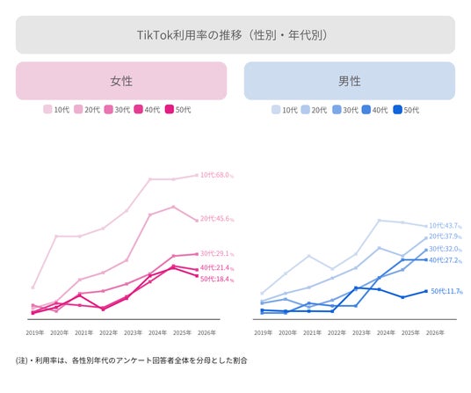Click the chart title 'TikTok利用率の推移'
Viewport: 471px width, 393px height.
pos(189,35)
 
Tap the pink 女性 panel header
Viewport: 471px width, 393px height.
pos(121,81)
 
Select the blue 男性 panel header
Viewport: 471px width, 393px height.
pos(350,81)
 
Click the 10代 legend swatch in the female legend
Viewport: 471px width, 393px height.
pos(47,109)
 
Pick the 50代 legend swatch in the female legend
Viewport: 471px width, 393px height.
pos(170,109)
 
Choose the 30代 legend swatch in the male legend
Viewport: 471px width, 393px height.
pos(337,110)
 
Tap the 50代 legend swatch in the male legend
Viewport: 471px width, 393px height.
pos(397,110)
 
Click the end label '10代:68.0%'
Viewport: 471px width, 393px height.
pos(217,175)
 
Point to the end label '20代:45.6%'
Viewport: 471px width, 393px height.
pos(217,218)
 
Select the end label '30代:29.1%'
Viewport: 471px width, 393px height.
pos(217,253)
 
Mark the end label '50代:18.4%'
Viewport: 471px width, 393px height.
pos(217,279)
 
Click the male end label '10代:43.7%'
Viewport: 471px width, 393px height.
pos(446,226)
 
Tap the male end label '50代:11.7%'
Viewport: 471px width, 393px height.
pos(446,291)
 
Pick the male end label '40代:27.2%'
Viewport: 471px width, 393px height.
pos(446,260)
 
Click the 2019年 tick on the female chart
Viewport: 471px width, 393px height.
pos(35,332)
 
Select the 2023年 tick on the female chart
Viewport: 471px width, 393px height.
pos(133,332)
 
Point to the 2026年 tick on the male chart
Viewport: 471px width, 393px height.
pos(435,332)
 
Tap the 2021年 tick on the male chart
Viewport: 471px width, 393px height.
pos(312,332)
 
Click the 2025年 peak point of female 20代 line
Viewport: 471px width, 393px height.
pos(173,207)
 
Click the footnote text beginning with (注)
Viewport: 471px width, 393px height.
pos(131,360)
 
